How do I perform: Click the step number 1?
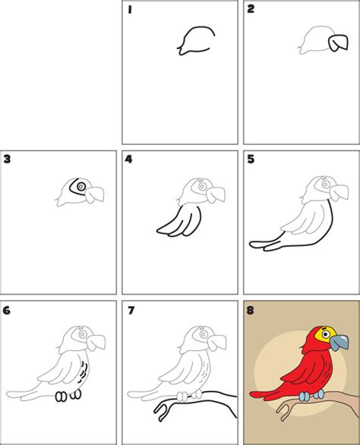130,10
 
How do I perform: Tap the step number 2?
251,10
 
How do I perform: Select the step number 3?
7,159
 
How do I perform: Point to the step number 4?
129,159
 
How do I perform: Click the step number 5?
251,159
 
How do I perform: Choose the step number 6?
7,310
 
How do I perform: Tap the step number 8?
251,310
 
